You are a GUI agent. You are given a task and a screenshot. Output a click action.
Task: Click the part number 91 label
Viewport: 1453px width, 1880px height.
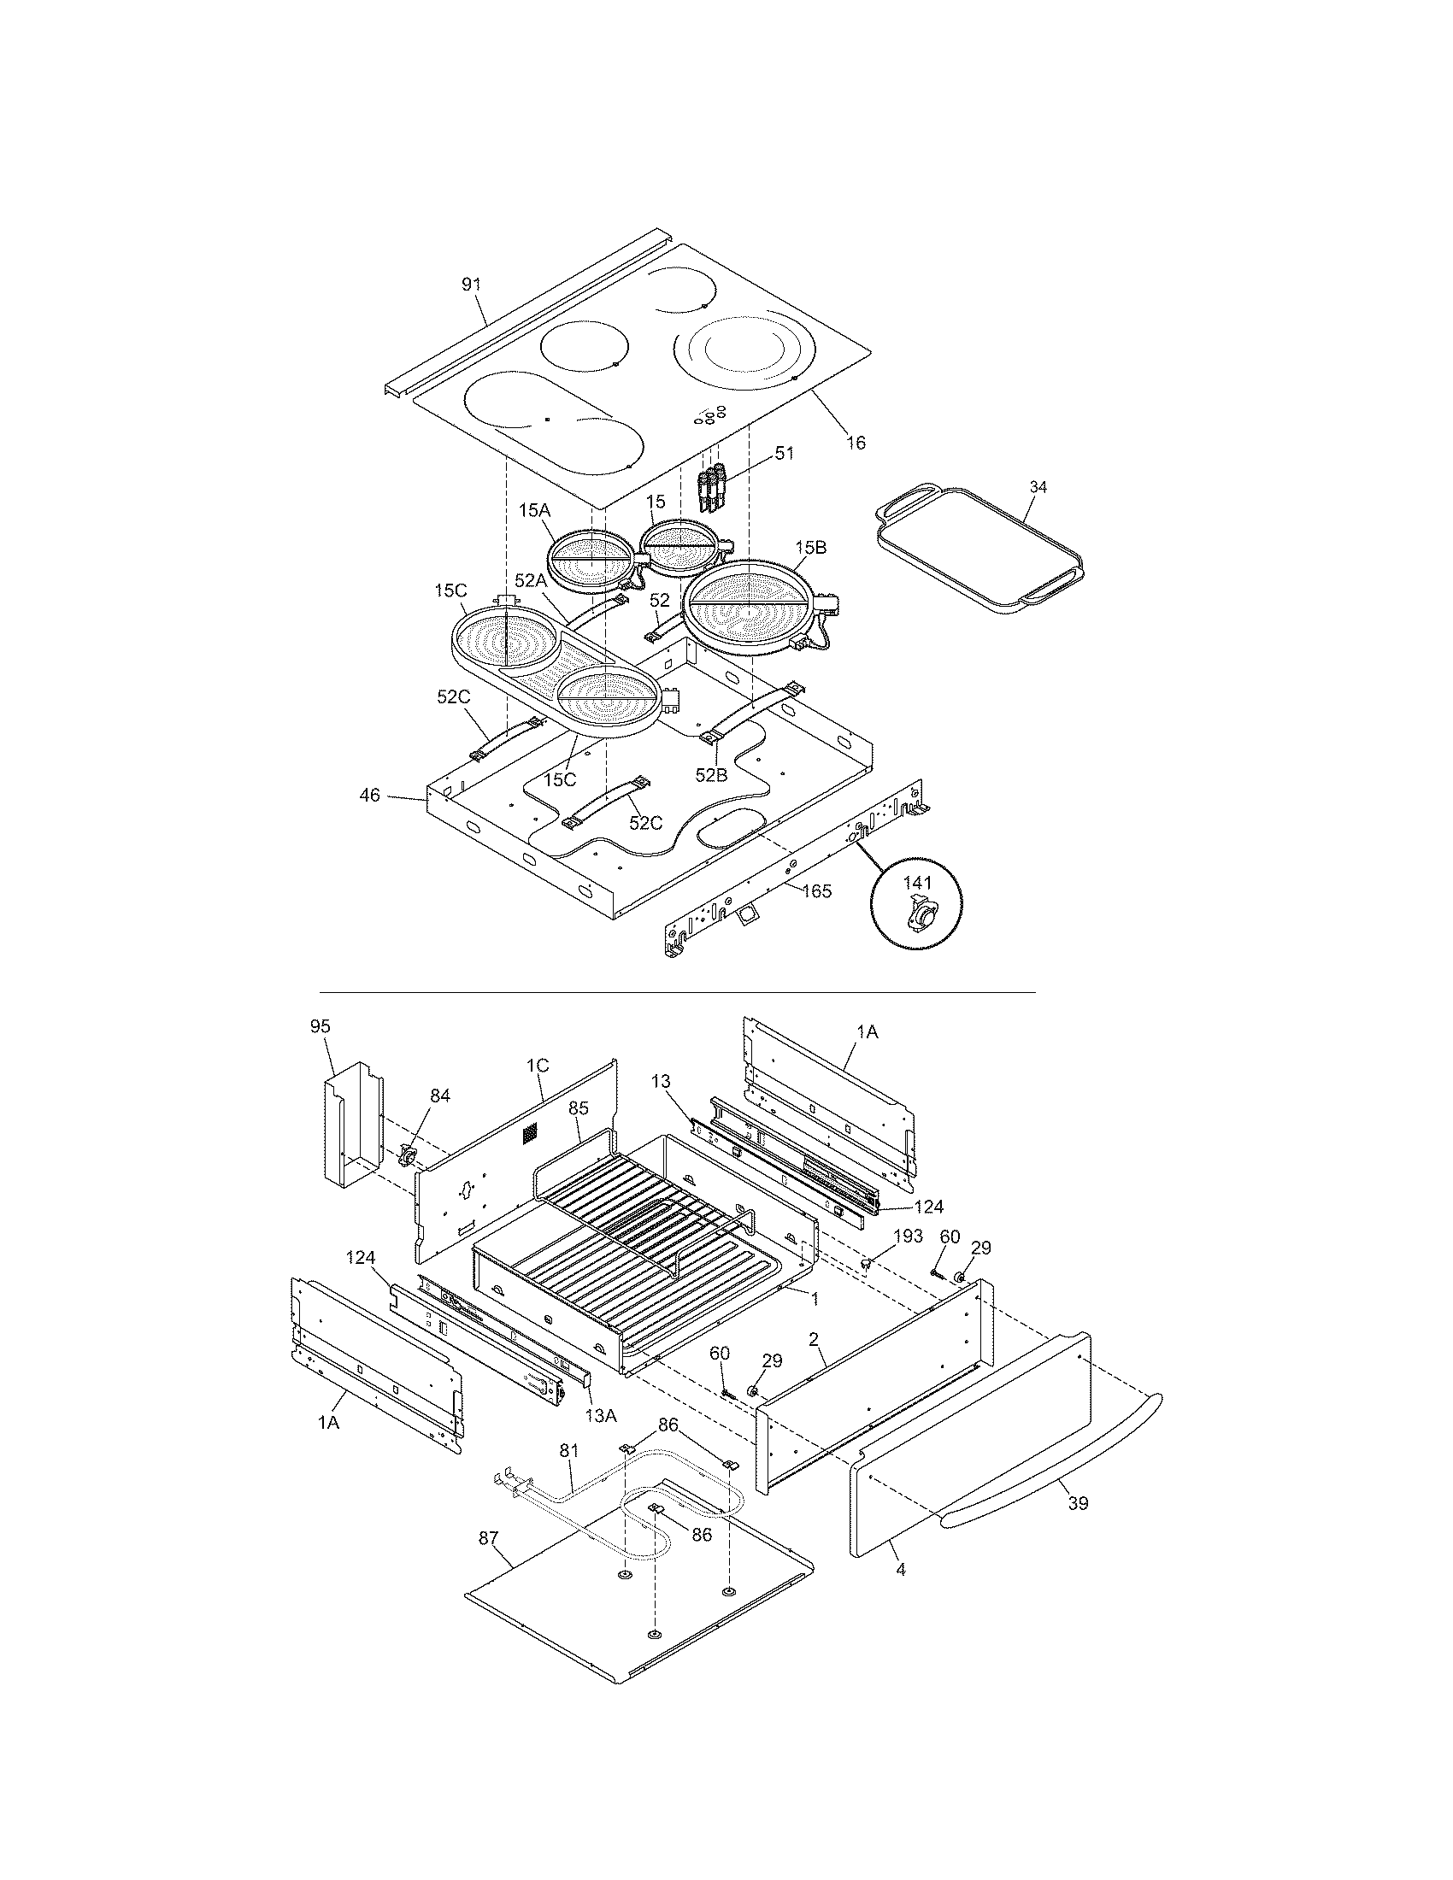[x=471, y=285]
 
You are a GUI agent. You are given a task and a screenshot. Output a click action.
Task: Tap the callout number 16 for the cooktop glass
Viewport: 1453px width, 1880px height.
[x=856, y=443]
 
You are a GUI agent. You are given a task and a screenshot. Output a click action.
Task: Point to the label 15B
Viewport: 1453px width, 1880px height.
[x=811, y=548]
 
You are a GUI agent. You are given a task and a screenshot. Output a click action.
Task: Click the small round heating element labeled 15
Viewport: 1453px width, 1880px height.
[x=680, y=548]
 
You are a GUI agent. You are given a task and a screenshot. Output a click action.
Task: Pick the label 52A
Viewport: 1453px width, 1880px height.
[x=531, y=580]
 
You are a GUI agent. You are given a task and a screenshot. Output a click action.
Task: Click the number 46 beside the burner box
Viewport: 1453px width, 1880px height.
[x=369, y=796]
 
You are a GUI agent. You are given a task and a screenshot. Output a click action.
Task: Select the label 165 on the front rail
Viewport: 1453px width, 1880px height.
[x=816, y=891]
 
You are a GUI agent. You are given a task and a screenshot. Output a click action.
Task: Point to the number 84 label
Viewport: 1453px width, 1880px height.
[x=440, y=1096]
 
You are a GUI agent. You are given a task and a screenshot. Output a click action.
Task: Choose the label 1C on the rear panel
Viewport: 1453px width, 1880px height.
[x=537, y=1065]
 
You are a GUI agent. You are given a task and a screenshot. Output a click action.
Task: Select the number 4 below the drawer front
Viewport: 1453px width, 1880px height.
[x=900, y=1570]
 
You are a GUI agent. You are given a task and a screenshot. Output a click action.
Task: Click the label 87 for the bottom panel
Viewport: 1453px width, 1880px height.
[x=488, y=1538]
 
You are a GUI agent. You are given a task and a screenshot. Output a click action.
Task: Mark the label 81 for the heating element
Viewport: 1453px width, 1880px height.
[x=569, y=1449]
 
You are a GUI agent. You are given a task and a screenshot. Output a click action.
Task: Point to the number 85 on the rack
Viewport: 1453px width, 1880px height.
[x=578, y=1108]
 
